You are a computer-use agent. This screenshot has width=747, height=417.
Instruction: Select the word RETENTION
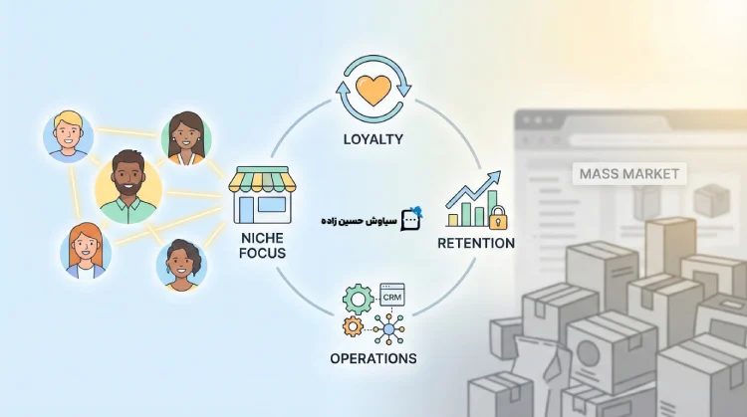(475, 243)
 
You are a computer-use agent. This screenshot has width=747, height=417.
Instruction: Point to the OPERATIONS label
(373, 358)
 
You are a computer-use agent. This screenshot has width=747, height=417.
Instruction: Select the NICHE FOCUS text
(263, 245)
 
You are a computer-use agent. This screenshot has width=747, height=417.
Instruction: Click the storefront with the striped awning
(263, 195)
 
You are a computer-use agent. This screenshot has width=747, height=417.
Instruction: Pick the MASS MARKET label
(629, 174)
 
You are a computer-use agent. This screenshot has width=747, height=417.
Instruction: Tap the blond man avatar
(69, 133)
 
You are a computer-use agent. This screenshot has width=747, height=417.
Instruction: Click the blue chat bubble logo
(409, 219)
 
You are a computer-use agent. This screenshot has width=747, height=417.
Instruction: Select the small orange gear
(353, 326)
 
